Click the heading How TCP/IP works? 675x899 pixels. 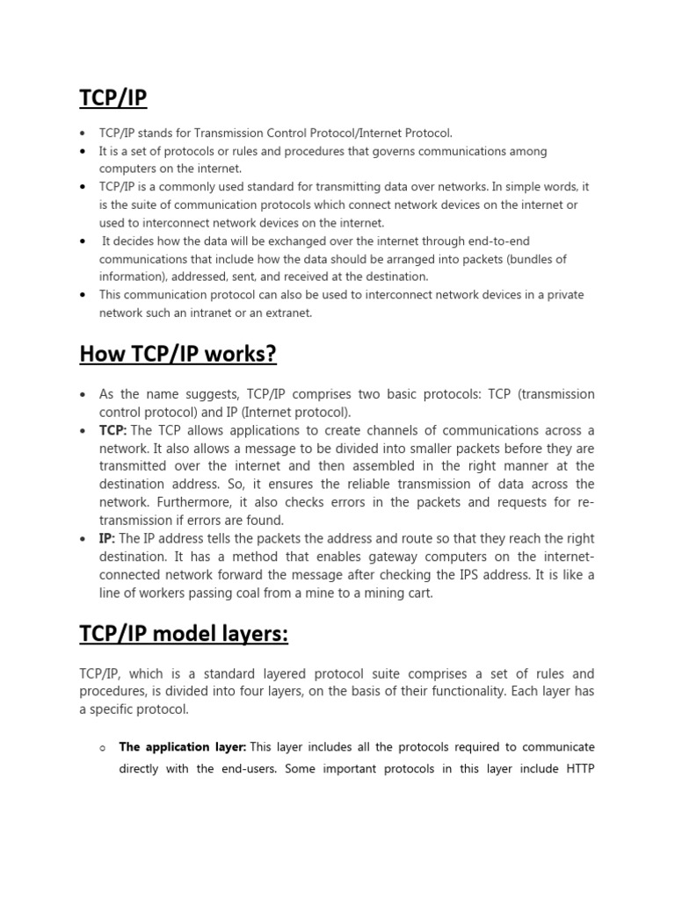pyautogui.click(x=178, y=354)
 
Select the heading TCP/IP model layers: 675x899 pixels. pyautogui.click(x=184, y=635)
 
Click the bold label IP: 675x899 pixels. pyautogui.click(x=106, y=539)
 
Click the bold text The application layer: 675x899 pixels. pyautogui.click(x=183, y=747)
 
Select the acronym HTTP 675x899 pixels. pyautogui.click(x=576, y=768)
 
